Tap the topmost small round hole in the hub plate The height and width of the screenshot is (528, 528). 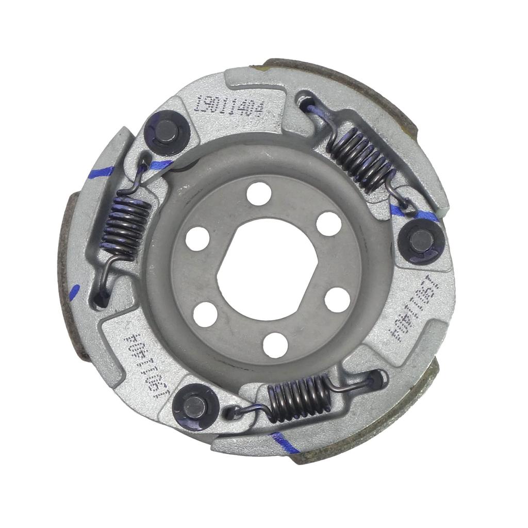pyautogui.click(x=259, y=194)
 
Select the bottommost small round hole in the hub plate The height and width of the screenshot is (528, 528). pyautogui.click(x=275, y=344)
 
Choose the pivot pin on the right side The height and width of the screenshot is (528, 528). pyautogui.click(x=421, y=241)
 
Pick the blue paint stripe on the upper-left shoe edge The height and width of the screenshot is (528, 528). pyautogui.click(x=100, y=172)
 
